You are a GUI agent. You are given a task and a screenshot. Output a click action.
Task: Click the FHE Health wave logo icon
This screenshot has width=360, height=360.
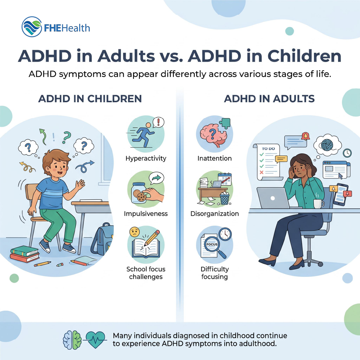tap(32, 27)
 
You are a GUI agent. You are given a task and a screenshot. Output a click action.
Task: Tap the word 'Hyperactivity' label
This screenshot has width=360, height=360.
tap(146, 158)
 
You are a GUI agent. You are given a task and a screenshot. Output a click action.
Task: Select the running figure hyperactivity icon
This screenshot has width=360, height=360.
tap(146, 134)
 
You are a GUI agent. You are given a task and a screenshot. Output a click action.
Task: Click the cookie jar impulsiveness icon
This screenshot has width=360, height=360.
tap(146, 189)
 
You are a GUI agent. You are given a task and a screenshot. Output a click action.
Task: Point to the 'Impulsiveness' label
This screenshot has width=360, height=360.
tap(146, 213)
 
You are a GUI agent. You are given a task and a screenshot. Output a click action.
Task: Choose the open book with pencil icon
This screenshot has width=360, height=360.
tap(146, 244)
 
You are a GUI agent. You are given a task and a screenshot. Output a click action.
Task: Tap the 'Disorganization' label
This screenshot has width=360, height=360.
tap(215, 213)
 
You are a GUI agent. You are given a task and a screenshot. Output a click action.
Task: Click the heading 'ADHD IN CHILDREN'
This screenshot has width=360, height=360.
tap(90, 99)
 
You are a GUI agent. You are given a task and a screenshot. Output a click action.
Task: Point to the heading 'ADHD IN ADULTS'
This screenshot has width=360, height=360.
tap(269, 99)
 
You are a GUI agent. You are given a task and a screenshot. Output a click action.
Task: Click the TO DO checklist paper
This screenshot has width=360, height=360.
tap(268, 162)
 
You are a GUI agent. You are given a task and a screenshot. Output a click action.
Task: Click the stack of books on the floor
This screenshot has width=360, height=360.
tap(24, 254)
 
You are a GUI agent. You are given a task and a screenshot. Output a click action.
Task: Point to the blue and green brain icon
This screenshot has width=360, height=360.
tap(72, 340)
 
